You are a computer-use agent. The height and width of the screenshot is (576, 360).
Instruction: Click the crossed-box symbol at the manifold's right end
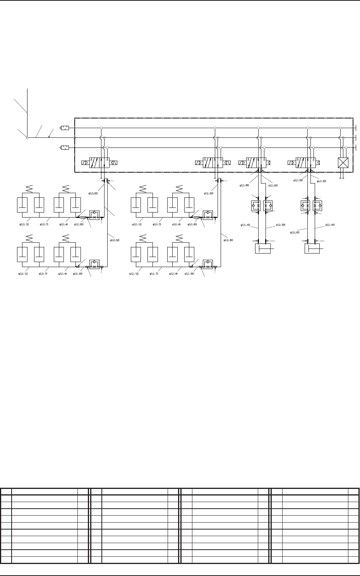pos(343,163)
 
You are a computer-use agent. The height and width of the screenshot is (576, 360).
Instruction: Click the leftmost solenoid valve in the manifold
pos(99,163)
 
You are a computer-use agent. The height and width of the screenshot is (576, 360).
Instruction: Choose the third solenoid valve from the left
pos(256,163)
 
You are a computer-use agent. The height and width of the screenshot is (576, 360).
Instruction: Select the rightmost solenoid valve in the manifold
pos(305,163)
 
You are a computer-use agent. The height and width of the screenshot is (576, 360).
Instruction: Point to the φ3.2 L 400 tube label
pos(295,232)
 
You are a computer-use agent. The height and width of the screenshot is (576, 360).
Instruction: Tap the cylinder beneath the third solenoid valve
pos(262,248)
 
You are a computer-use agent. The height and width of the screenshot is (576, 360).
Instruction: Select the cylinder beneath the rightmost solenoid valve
pos(312,248)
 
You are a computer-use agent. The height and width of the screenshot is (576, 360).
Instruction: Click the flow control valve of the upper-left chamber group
pos(95,215)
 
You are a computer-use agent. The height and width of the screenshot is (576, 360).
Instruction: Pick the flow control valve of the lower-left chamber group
pos(95,264)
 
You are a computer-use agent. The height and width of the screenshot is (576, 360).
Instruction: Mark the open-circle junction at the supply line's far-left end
pos(27,137)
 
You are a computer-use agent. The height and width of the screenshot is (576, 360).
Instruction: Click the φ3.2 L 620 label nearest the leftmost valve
pos(93,192)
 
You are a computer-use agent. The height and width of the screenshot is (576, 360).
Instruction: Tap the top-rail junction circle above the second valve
pos(214,127)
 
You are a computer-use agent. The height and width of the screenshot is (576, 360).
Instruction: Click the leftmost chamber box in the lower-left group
pos(23,254)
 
